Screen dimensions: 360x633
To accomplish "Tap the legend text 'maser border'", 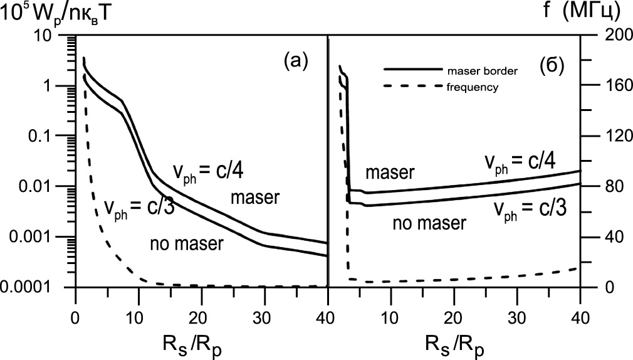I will point(482,71).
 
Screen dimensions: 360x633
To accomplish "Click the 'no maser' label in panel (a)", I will point(187,245).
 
